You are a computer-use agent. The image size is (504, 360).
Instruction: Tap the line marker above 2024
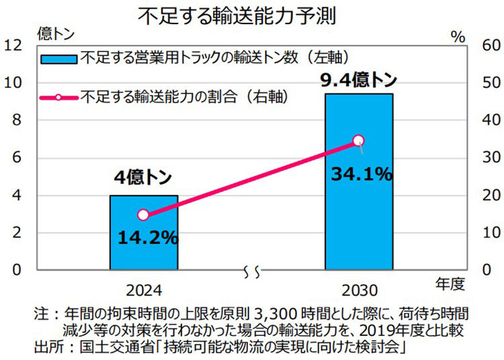tap(143, 215)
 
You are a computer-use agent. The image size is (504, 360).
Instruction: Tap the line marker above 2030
tap(358, 140)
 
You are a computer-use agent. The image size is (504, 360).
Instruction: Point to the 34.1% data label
tap(362, 175)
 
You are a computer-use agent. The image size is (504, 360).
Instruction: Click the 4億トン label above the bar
tap(142, 178)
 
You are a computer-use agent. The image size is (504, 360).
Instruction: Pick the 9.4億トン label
tap(358, 80)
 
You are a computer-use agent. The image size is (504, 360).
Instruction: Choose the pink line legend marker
tap(58, 97)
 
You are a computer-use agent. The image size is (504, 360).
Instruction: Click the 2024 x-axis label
tap(144, 291)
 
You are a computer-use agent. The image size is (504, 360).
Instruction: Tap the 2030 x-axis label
tap(359, 291)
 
